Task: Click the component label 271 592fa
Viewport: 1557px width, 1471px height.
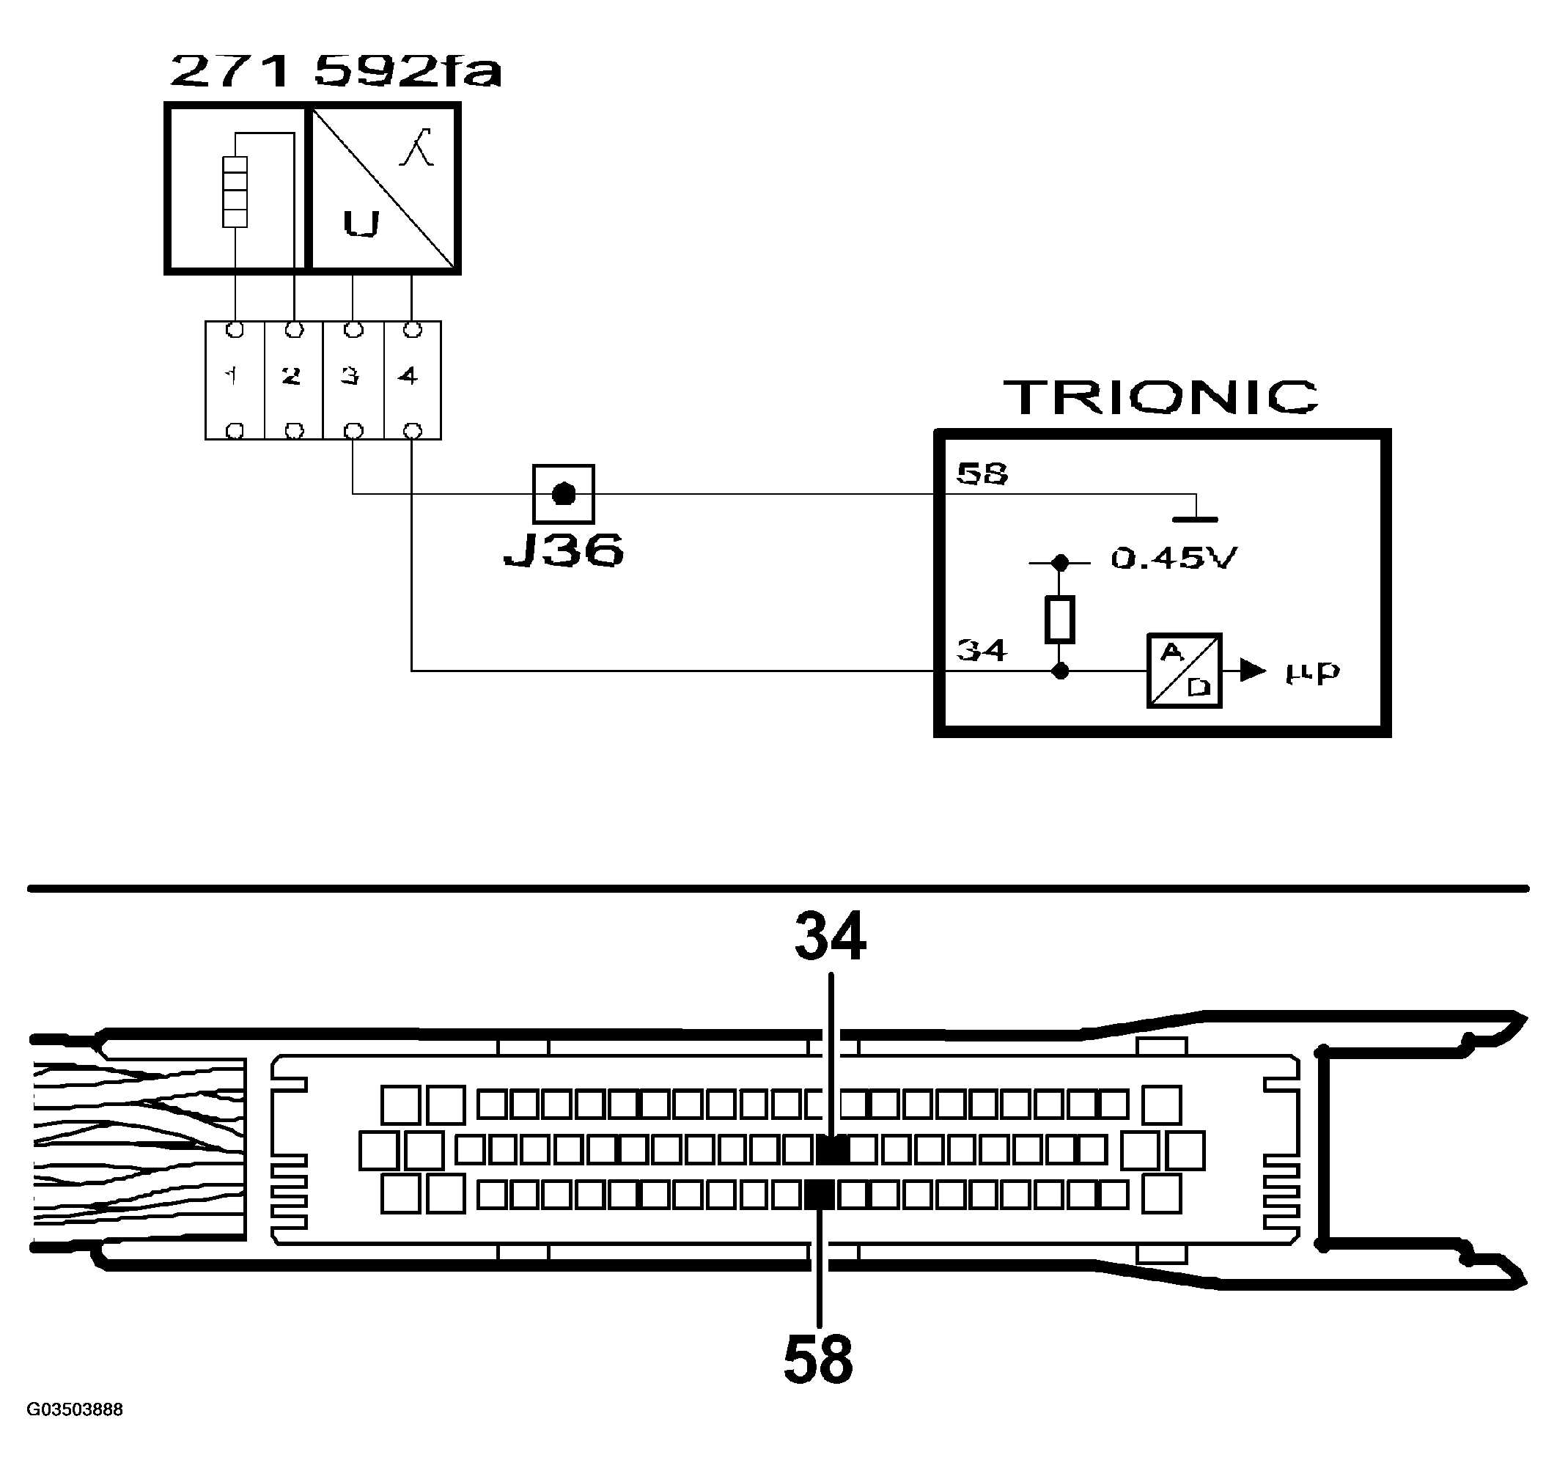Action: click(x=335, y=71)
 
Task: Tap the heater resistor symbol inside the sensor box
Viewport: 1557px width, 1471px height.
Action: click(x=235, y=191)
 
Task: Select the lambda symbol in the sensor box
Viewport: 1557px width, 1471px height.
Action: click(x=417, y=147)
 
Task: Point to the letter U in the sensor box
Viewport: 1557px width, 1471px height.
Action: click(x=361, y=224)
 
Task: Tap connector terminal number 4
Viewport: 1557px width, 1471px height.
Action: click(x=408, y=377)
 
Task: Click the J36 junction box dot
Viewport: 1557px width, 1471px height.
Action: click(x=563, y=494)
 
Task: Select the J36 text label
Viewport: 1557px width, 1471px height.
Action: click(x=563, y=550)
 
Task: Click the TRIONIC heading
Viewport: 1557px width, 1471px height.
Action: click(x=1161, y=397)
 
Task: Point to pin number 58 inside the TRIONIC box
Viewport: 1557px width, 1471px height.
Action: click(x=982, y=473)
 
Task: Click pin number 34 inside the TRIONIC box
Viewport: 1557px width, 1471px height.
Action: click(x=982, y=650)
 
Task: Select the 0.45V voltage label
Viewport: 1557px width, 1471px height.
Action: click(x=1174, y=558)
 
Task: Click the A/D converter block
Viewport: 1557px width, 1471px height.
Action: click(x=1185, y=671)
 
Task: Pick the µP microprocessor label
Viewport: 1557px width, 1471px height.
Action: click(x=1313, y=672)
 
